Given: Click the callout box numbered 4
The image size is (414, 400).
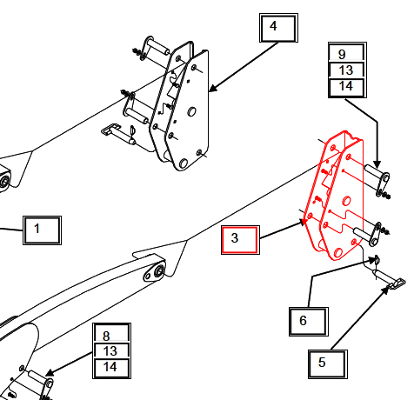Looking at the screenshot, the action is point(278,28).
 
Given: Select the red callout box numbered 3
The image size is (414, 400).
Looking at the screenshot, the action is point(240,240).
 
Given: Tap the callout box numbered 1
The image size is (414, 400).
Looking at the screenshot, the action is point(42,230).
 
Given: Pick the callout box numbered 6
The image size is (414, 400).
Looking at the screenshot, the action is point(309,322).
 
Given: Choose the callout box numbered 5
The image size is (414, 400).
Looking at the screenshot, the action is point(328,363).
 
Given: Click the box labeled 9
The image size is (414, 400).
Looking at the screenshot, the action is point(347,53).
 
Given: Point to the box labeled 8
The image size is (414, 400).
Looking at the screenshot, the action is point(111,333).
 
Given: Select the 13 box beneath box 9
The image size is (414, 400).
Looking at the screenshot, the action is point(347,70).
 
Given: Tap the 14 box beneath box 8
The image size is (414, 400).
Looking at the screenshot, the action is point(111,368).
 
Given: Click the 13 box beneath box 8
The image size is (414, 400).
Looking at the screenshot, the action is point(111,351).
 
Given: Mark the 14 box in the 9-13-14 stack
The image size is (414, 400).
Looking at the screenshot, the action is point(347,88).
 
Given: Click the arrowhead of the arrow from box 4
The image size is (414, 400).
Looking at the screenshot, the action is point(212,88).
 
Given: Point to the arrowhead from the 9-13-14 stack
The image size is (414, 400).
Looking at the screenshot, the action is point(377,163).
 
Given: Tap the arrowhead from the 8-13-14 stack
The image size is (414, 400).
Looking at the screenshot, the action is point(50,372).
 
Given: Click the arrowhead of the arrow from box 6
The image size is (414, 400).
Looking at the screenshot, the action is point(373,261).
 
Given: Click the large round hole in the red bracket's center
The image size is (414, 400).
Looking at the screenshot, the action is point(346,201).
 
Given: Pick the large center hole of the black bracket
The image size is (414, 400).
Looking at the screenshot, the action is point(191,111).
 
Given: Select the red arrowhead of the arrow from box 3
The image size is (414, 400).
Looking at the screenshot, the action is point(304,222).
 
